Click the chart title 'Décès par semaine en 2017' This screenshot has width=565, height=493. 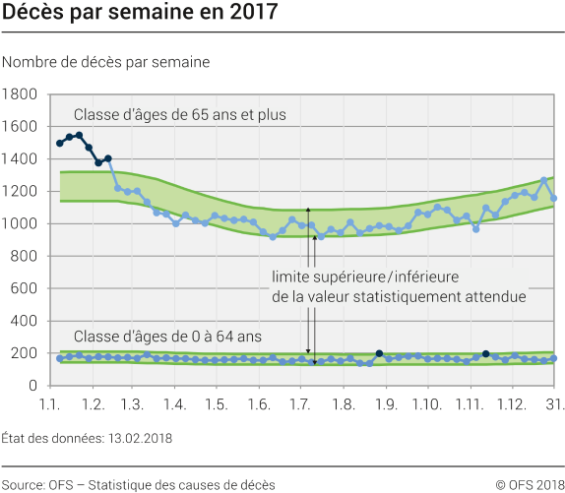pos(140,14)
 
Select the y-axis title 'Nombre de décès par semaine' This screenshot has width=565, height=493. pos(106,62)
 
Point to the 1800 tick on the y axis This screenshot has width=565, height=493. pos(21,94)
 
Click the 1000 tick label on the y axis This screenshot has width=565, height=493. pos(21,223)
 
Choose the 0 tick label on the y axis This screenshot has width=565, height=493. pos(32,386)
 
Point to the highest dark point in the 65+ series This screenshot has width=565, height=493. pos(79,136)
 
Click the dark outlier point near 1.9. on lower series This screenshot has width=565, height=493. pos(379,353)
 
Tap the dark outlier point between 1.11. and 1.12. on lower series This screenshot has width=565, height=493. pos(486,353)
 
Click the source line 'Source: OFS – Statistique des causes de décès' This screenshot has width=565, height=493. pos(138,483)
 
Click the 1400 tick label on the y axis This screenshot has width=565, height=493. pos(21,159)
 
